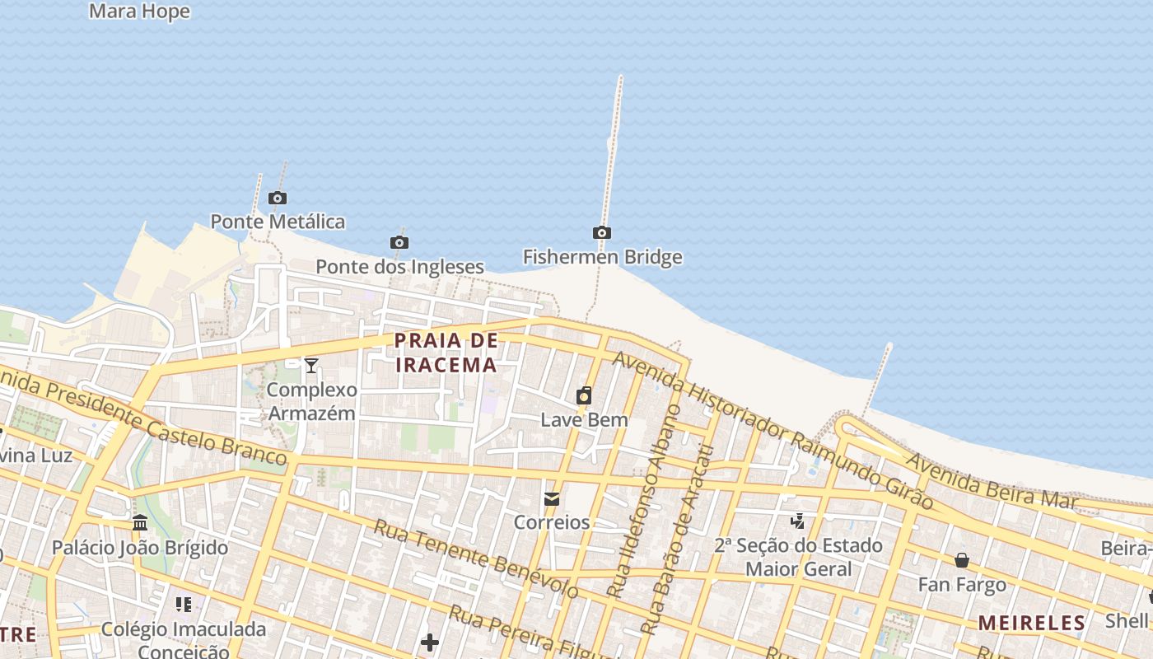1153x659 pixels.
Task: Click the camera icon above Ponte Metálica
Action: click(278, 198)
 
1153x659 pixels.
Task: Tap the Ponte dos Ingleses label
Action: click(399, 267)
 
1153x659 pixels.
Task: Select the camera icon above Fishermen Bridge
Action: click(602, 233)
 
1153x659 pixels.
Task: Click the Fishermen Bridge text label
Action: click(602, 257)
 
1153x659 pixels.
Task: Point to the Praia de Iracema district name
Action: click(446, 353)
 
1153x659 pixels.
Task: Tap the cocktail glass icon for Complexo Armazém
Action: click(311, 366)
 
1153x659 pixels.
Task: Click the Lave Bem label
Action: click(584, 419)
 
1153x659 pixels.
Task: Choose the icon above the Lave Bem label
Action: click(584, 396)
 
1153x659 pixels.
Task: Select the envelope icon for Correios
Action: click(552, 499)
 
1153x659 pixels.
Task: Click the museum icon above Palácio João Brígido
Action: click(140, 524)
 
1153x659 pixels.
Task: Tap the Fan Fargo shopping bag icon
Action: click(962, 561)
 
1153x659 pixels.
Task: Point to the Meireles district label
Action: click(1031, 623)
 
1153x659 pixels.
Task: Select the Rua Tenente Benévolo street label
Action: click(475, 559)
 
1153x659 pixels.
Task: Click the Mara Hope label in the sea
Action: click(139, 12)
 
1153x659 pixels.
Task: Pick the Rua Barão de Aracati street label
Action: click(675, 540)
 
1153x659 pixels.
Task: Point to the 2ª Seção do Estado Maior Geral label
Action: click(798, 557)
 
